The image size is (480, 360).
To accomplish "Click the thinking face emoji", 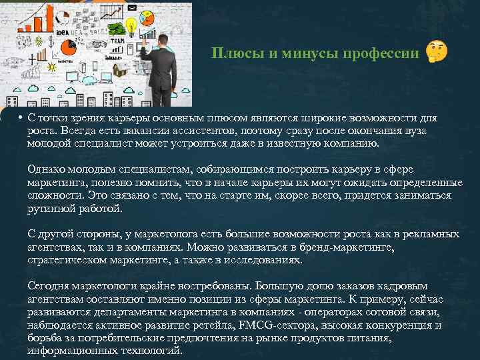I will click(x=437, y=51).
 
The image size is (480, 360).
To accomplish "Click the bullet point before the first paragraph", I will click(x=21, y=118).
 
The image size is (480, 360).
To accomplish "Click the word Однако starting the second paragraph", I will click(x=46, y=169).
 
